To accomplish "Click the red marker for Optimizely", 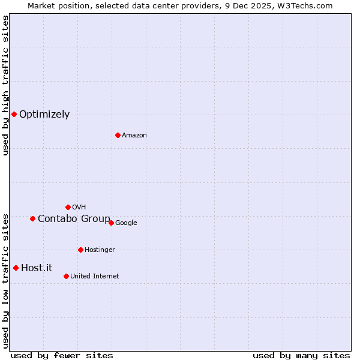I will click(14, 114).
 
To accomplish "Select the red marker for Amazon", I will click(118, 135).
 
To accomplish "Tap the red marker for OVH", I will click(68, 207).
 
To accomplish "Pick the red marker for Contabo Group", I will click(32, 218).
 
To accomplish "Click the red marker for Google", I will click(111, 223).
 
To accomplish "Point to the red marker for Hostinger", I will click(80, 250).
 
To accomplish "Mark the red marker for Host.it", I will click(16, 268).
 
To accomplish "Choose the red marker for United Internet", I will click(66, 276).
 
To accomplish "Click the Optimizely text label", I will click(44, 115).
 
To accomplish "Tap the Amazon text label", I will click(134, 136).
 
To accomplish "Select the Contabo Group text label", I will click(74, 219).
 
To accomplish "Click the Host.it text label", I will click(37, 268).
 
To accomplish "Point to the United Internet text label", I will click(94, 277).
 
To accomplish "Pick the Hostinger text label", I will click(100, 250).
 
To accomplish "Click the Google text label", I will click(126, 223).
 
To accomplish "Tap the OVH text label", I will click(79, 208).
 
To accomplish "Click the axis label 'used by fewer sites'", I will click(62, 355).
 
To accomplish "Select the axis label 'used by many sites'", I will click(301, 355).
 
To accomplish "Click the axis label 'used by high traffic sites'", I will click(5, 85).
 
